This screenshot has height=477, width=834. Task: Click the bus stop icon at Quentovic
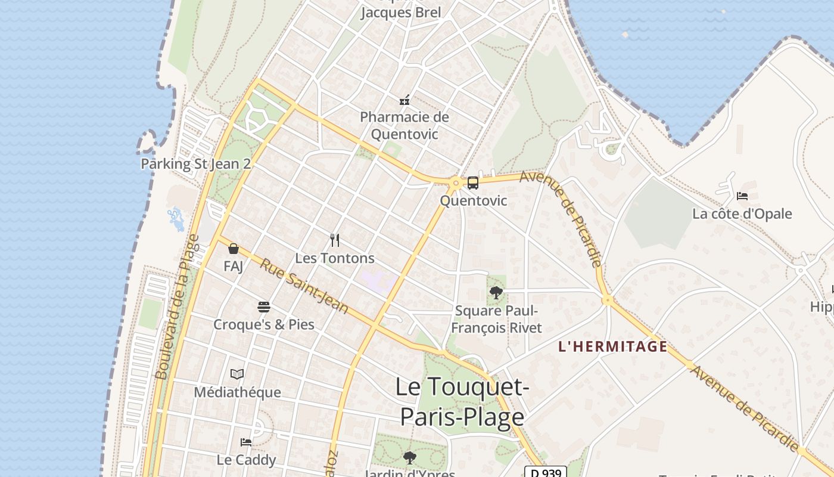pos(472,183)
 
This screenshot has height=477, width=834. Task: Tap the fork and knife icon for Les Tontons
pos(335,240)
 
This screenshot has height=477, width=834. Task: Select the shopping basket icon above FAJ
pos(234,249)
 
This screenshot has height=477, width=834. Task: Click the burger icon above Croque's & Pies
pos(264,307)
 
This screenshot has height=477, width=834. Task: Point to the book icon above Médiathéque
pos(237,374)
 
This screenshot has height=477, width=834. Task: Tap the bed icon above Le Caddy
pos(245,442)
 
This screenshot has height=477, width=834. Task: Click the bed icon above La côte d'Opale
pos(742,196)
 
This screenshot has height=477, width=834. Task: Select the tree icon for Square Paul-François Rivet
pos(496,293)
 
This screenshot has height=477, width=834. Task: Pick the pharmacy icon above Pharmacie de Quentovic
pos(404,100)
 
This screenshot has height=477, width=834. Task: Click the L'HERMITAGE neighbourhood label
pos(613,346)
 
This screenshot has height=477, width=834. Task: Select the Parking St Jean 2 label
pos(195,164)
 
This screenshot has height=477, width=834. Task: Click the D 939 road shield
pos(545,472)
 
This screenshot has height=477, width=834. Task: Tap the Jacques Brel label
pos(401,13)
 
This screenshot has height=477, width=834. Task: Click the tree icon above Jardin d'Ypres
pos(409,458)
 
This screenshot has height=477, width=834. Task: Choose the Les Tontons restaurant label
pos(335,258)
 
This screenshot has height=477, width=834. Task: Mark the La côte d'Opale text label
pos(742,213)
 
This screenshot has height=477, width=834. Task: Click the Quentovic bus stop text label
pos(474,200)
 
